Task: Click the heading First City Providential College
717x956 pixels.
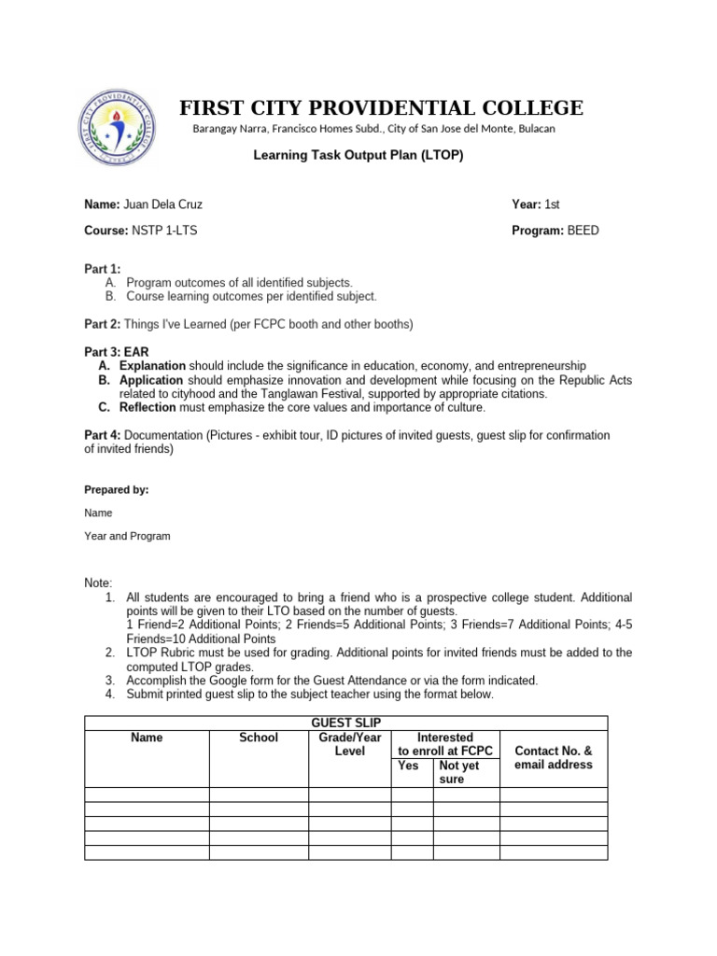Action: [382, 108]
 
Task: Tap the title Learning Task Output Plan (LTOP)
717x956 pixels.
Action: [358, 155]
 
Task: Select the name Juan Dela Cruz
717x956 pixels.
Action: [163, 204]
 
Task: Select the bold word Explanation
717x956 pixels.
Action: [152, 366]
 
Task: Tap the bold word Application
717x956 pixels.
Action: [152, 380]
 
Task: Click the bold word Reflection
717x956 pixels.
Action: [149, 408]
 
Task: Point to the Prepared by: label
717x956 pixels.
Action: [117, 489]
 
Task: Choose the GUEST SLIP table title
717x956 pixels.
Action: [345, 723]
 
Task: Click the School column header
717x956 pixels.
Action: [259, 738]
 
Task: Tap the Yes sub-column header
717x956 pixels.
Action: [408, 766]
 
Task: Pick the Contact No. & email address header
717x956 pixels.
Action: [554, 757]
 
